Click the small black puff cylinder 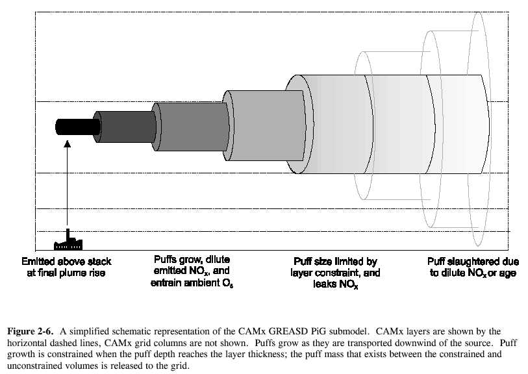tap(77, 127)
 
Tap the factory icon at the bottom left tap(69, 242)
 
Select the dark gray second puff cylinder tap(126, 127)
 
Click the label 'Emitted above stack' tap(66, 262)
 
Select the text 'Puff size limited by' tap(334, 262)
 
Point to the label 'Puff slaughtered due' tap(473, 262)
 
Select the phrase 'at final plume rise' tap(66, 273)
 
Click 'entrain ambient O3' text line tap(192, 284)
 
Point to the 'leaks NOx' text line tap(334, 285)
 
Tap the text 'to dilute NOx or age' tap(473, 273)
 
